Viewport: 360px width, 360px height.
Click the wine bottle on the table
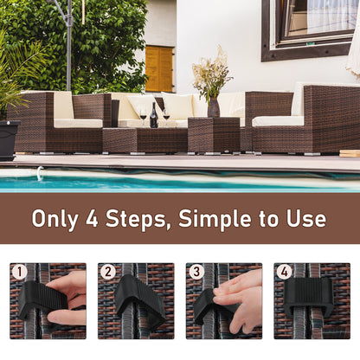[x=154, y=116]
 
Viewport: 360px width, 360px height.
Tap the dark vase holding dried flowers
[x=213, y=106]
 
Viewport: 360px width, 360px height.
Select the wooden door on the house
[x=158, y=68]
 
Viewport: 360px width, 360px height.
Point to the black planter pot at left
[x=9, y=138]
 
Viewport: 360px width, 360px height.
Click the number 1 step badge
[x=20, y=273]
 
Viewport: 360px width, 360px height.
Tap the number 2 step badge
[x=108, y=273]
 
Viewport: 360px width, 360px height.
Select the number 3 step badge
[x=196, y=273]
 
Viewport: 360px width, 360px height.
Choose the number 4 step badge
[x=285, y=273]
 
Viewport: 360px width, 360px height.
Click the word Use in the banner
[x=306, y=218]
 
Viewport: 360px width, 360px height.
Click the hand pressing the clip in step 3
[x=240, y=299]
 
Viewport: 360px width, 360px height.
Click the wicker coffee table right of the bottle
[x=213, y=135]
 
